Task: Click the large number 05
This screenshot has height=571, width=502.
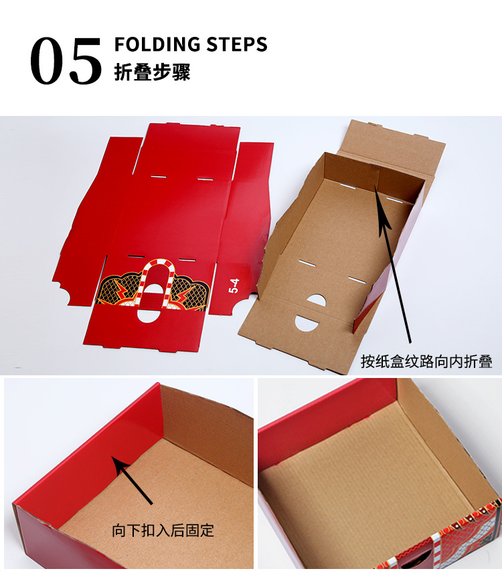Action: point(66,61)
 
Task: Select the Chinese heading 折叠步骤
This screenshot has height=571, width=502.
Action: point(153,72)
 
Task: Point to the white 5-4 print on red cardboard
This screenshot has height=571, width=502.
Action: point(234,287)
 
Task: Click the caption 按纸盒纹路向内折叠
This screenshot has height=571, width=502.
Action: point(426,362)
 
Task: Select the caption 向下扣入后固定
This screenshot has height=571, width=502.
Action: point(163,531)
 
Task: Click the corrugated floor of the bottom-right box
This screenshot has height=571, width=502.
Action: point(361,483)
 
